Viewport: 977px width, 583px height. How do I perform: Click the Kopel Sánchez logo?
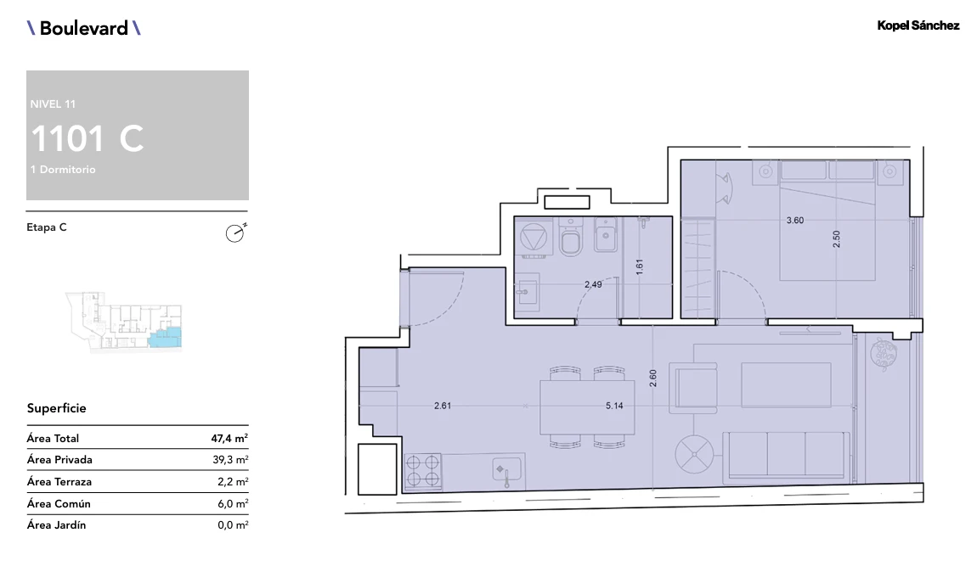pos(918,25)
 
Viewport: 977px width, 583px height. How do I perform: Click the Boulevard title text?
pos(83,28)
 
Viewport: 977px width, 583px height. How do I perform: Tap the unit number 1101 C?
pos(88,138)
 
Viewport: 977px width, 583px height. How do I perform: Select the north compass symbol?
pos(235,233)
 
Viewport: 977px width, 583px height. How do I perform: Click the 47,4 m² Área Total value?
pos(229,438)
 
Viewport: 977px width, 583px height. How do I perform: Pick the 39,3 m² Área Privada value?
pos(230,460)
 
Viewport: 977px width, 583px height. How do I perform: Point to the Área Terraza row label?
pos(59,481)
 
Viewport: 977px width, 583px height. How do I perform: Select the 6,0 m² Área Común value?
pos(233,503)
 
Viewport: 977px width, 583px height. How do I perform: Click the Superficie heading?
pos(57,408)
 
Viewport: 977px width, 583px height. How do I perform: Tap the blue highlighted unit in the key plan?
pos(166,338)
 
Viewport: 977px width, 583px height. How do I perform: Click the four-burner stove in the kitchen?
pos(423,471)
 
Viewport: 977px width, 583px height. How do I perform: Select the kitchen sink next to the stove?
pos(506,471)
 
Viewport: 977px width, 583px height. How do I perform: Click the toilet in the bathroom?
pos(570,237)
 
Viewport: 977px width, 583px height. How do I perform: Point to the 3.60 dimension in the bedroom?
pos(795,221)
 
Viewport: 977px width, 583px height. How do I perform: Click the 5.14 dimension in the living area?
pos(614,406)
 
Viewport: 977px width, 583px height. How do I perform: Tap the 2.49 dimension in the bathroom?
pos(593,284)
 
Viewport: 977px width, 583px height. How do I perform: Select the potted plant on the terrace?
pos(884,355)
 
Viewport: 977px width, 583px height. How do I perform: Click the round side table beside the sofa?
pos(694,453)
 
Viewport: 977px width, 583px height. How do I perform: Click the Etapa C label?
pos(47,227)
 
